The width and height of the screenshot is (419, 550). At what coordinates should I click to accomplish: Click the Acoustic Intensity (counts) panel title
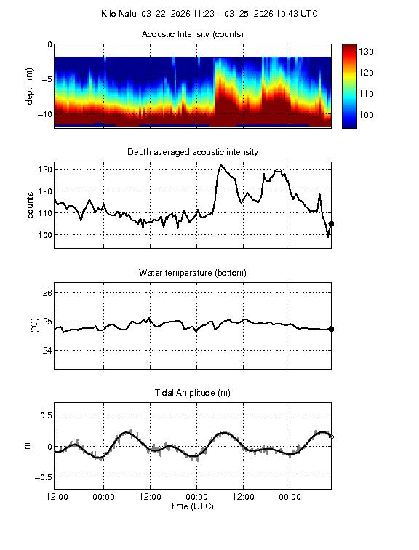pyautogui.click(x=193, y=34)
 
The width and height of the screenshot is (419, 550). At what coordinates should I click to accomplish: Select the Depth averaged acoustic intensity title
pyautogui.click(x=193, y=152)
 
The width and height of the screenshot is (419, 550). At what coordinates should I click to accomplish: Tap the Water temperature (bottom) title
pyautogui.click(x=193, y=273)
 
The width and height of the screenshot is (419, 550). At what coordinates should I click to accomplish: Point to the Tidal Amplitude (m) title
pyautogui.click(x=193, y=393)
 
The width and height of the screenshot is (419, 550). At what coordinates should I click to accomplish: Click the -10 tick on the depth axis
pyautogui.click(x=44, y=114)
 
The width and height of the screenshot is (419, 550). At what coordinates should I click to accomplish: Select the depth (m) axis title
pyautogui.click(x=31, y=86)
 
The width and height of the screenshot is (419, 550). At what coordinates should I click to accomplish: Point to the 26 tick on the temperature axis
pyautogui.click(x=47, y=292)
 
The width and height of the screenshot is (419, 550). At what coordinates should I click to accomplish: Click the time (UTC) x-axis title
pyautogui.click(x=193, y=506)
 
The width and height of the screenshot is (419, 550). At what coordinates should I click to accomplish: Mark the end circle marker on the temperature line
pyautogui.click(x=332, y=329)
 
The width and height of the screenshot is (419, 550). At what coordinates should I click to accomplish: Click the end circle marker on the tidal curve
pyautogui.click(x=332, y=437)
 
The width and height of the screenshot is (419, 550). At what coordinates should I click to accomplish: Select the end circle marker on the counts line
pyautogui.click(x=332, y=224)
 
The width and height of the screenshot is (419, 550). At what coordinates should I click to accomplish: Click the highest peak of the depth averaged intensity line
pyautogui.click(x=221, y=165)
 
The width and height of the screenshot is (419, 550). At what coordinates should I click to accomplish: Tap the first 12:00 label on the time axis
pyautogui.click(x=57, y=497)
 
